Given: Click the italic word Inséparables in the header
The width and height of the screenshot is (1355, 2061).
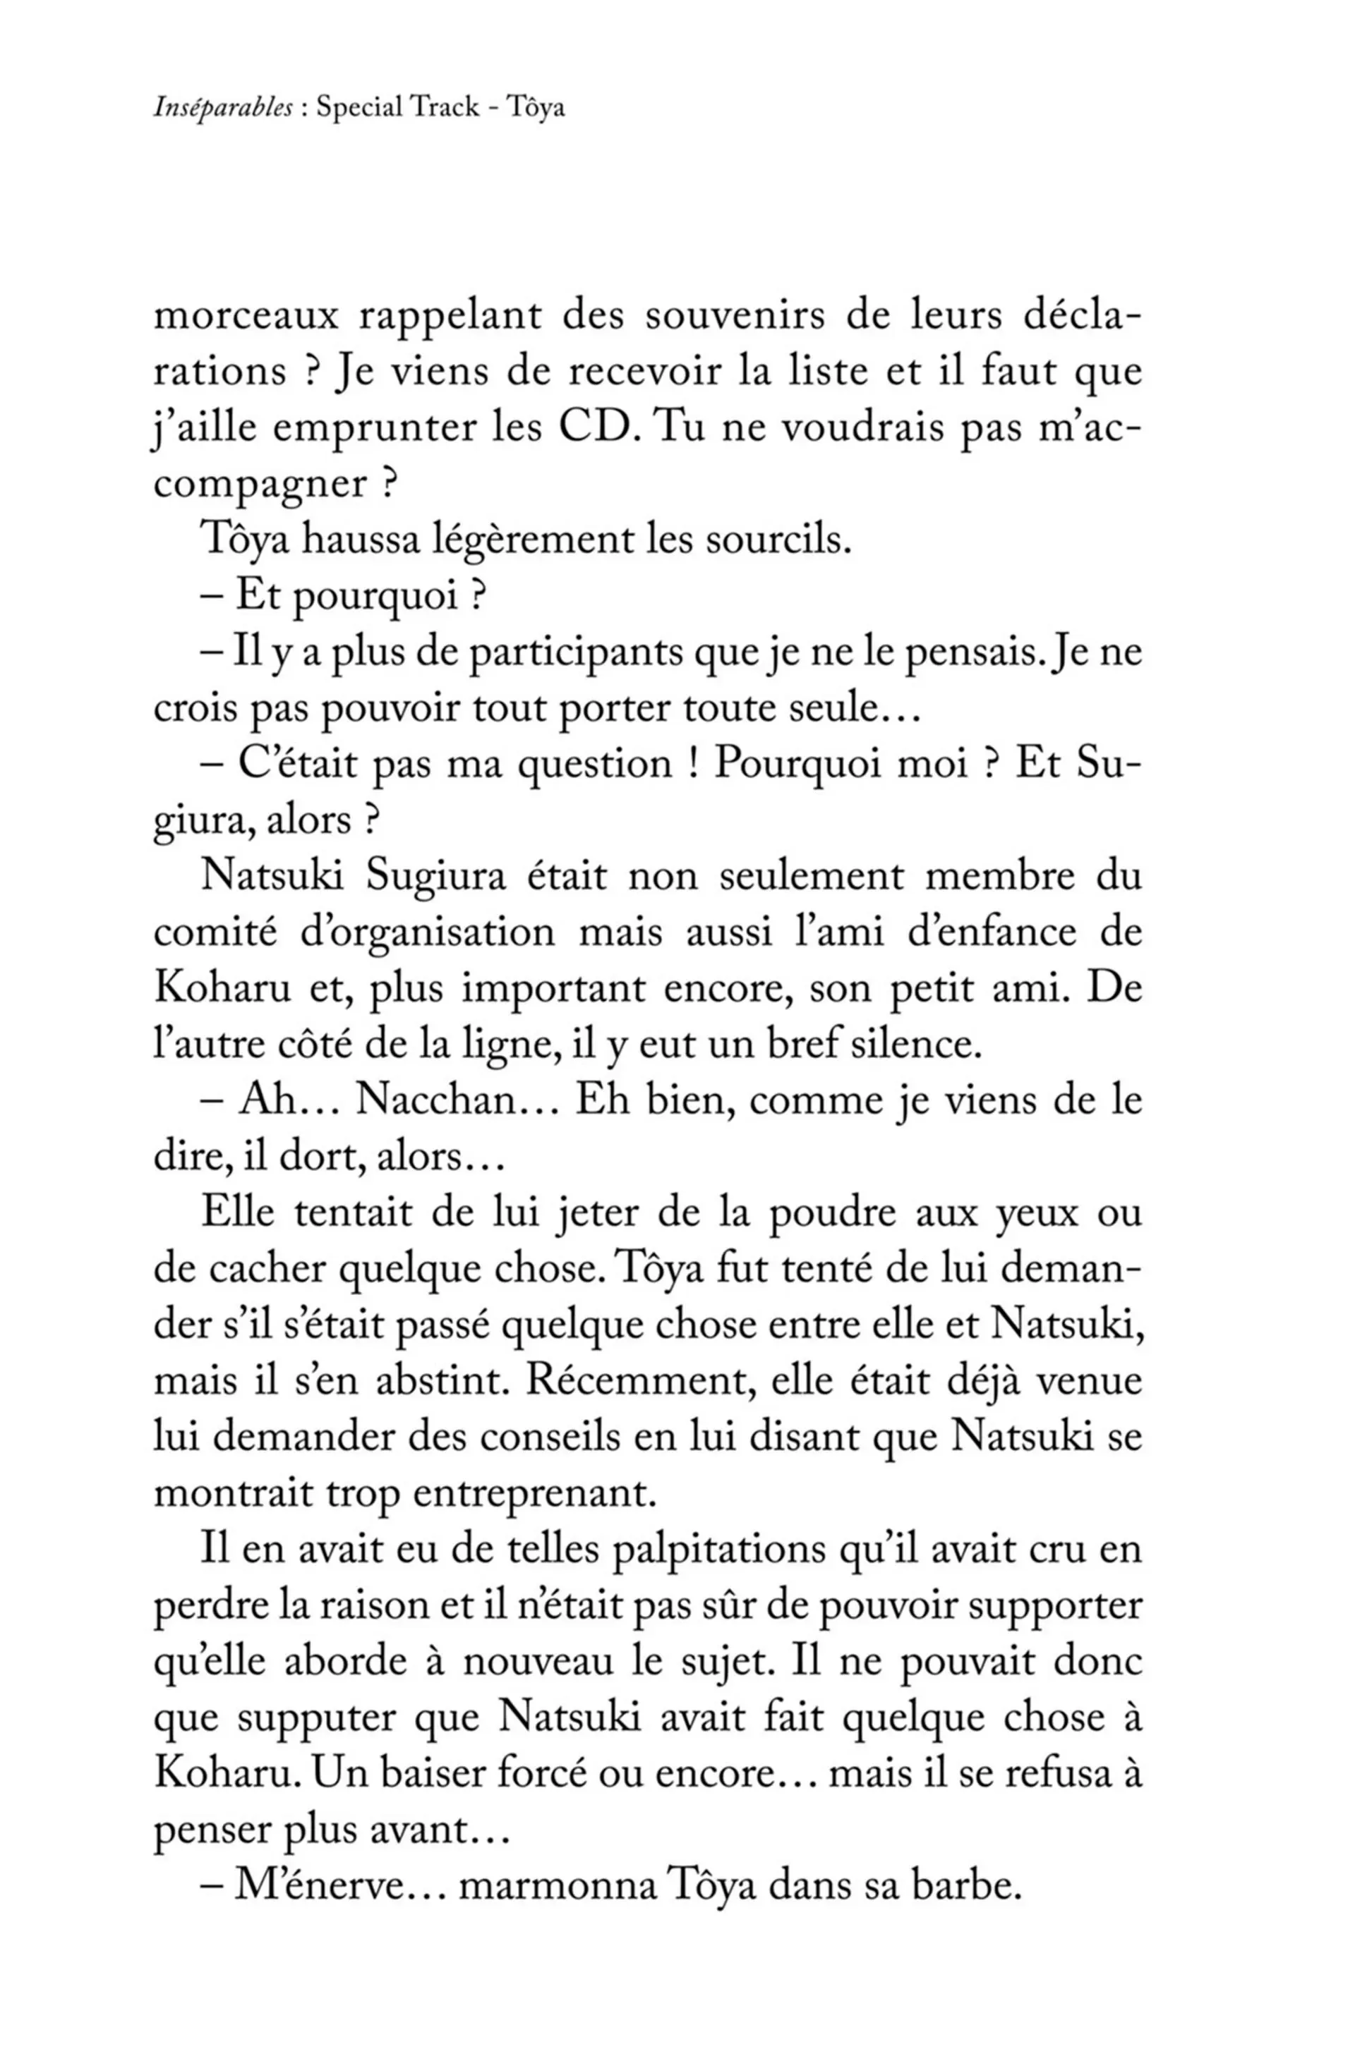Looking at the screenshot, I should tap(222, 108).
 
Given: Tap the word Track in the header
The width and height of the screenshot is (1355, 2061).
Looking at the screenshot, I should tap(445, 107).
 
